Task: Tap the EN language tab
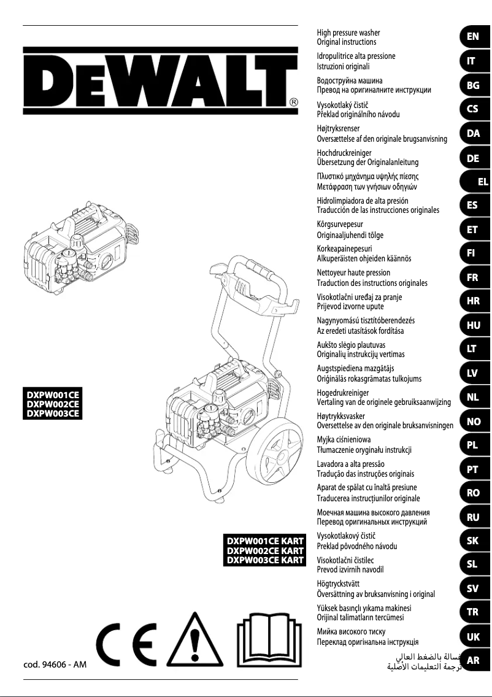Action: coord(472,36)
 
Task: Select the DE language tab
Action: coord(472,158)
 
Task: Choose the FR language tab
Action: coord(472,277)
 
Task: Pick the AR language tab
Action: coord(472,661)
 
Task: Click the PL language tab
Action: coord(472,445)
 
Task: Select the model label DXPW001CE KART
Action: coord(266,541)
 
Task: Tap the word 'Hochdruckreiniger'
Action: coord(344,152)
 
